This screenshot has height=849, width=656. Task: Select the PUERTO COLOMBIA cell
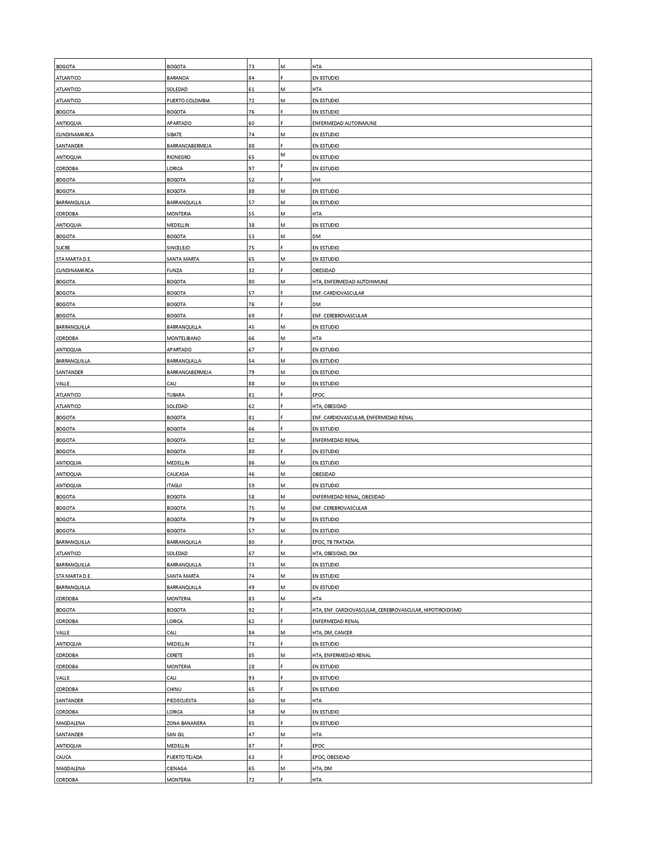(188, 101)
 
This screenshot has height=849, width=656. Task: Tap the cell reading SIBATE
(174, 135)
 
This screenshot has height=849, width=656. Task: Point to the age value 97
(252, 169)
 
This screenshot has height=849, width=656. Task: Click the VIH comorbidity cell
(316, 180)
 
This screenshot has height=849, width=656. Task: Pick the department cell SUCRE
(63, 248)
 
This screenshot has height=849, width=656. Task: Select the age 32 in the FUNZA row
(252, 271)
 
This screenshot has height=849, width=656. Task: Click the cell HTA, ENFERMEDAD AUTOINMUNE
(350, 282)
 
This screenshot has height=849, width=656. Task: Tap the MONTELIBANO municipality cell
(184, 339)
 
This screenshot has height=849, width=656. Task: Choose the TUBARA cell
(175, 395)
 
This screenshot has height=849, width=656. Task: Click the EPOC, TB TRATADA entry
(333, 542)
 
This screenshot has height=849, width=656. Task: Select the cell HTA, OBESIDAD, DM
(334, 554)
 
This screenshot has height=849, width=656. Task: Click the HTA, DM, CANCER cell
(332, 633)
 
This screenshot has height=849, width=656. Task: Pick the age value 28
(252, 667)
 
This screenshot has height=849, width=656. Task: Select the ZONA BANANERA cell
(186, 723)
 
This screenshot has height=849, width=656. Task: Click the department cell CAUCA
(64, 757)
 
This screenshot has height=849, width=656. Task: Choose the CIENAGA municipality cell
(176, 769)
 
